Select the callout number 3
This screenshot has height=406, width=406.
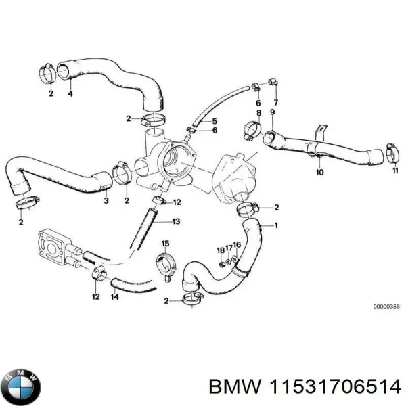pos(106,201)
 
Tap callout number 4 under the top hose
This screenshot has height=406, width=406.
pos(70,94)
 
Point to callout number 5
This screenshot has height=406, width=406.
pos(215,120)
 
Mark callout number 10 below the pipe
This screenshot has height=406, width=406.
pos(320,173)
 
